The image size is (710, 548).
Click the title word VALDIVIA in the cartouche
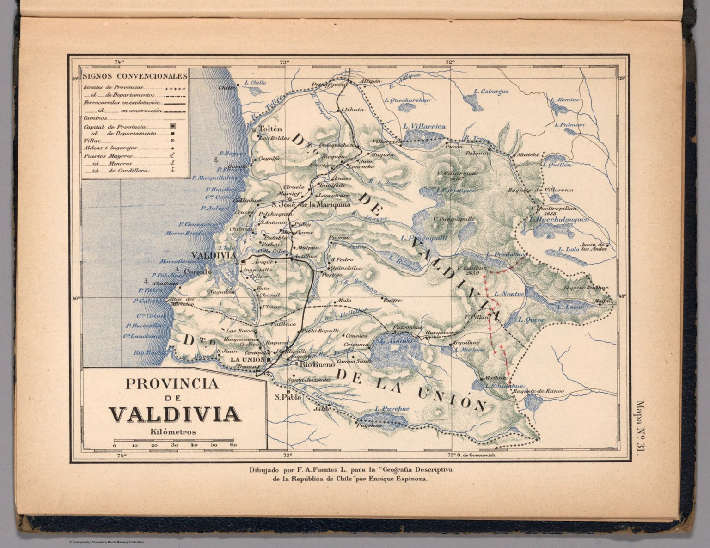[175, 414]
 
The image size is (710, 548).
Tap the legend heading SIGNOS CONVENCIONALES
[135, 76]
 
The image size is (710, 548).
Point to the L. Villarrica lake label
[424, 126]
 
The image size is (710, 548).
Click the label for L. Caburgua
[490, 92]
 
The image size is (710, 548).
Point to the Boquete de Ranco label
[538, 391]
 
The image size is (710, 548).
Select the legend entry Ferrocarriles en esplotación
[122, 102]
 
